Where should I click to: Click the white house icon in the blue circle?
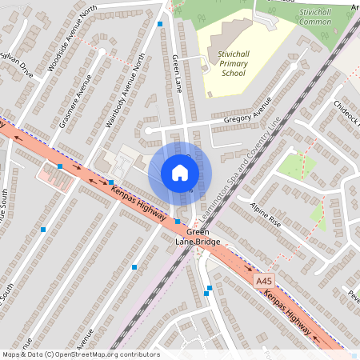pyautogui.click(x=180, y=173)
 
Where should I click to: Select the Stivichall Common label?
pyautogui.click(x=314, y=17)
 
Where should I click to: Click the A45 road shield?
pyautogui.click(x=265, y=282)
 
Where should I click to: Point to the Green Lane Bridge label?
pyautogui.click(x=193, y=237)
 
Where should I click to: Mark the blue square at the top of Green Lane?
pyautogui.click(x=160, y=25)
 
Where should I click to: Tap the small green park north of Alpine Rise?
pyautogui.click(x=298, y=164)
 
